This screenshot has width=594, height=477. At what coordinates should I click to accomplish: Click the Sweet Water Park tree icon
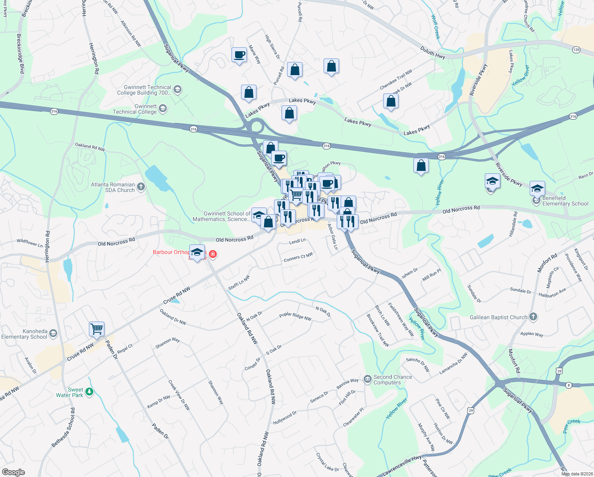[90, 392]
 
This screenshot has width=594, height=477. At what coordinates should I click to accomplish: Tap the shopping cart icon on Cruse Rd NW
[96, 329]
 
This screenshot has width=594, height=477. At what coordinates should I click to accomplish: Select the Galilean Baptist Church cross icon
[533, 317]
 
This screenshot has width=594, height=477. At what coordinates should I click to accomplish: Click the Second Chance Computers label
[392, 380]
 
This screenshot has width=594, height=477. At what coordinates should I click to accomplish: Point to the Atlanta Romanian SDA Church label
[113, 187]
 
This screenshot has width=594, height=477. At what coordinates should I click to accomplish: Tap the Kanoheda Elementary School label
[24, 334]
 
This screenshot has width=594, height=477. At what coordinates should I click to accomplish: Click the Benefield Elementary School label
[565, 201]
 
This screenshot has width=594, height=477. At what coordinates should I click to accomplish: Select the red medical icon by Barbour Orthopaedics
[213, 254]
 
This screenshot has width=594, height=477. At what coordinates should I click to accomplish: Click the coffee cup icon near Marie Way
[239, 54]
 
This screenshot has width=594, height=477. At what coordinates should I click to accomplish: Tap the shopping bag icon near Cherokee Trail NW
[391, 101]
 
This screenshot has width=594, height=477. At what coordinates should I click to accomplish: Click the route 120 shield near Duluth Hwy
[576, 50]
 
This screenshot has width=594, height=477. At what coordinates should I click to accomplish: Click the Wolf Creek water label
[436, 27]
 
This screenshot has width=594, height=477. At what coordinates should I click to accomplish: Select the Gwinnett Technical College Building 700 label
[144, 90]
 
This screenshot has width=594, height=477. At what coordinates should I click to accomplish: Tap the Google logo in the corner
[13, 472]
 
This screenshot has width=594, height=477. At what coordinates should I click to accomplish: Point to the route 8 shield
[569, 385]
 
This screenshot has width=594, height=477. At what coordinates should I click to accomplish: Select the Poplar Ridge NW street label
[295, 316]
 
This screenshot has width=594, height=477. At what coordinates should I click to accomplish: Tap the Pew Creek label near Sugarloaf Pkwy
[571, 426]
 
